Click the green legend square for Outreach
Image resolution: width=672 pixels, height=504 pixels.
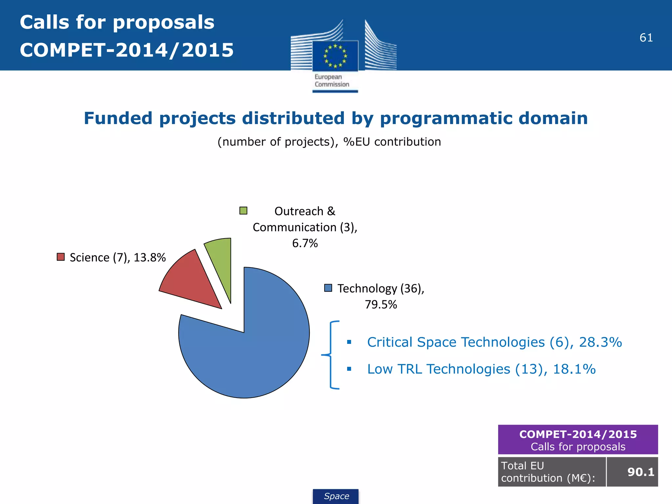(243, 211)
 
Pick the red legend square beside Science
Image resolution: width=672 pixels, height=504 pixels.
(61, 257)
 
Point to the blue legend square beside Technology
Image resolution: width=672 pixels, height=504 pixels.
(328, 288)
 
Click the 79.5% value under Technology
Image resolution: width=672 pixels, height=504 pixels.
(381, 304)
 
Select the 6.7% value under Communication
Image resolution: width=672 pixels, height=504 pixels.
(305, 243)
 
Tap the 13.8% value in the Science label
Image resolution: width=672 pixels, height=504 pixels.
(150, 258)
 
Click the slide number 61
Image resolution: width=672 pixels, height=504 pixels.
(646, 38)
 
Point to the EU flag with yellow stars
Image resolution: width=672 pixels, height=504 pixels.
(335, 56)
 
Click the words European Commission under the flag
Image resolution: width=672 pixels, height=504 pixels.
(331, 81)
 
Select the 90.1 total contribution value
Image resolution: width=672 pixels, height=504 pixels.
(640, 472)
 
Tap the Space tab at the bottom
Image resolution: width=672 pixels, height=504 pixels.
(336, 496)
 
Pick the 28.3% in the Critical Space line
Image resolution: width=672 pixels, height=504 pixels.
(600, 342)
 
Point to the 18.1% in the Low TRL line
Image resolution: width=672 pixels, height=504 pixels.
(574, 369)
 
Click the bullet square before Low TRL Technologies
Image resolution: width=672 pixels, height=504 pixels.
(349, 369)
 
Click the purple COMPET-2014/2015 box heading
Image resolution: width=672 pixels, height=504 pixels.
(578, 434)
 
